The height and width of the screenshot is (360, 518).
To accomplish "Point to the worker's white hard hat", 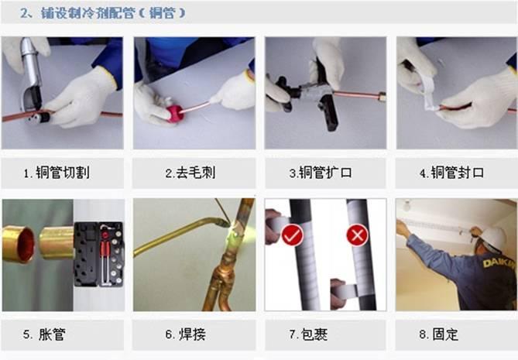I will tap(493, 236).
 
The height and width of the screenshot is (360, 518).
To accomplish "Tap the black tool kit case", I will tap(99, 255).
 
